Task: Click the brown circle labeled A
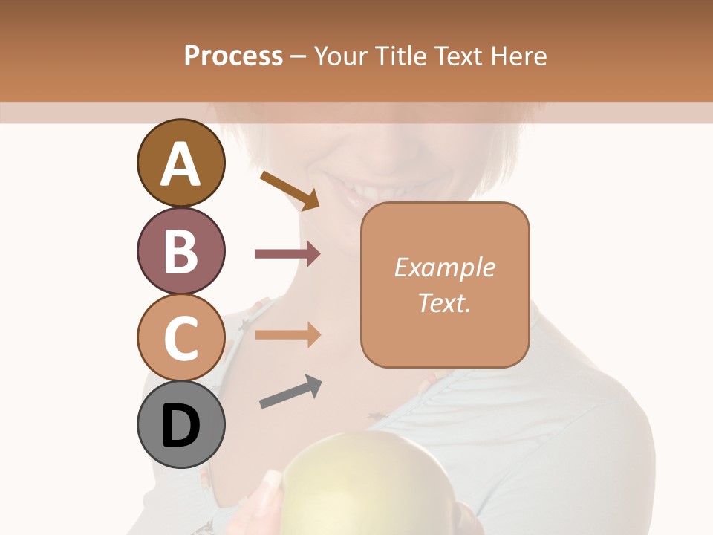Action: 181,163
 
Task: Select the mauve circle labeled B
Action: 181,250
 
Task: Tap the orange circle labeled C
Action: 181,337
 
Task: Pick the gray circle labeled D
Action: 181,424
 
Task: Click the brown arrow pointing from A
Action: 290,190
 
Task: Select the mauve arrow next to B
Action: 287,254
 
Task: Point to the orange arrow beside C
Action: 287,334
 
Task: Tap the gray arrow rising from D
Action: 290,392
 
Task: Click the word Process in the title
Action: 233,56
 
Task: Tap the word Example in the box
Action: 445,267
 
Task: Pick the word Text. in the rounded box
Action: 445,302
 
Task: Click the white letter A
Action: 181,164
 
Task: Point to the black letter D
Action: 181,426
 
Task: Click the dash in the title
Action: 299,56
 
